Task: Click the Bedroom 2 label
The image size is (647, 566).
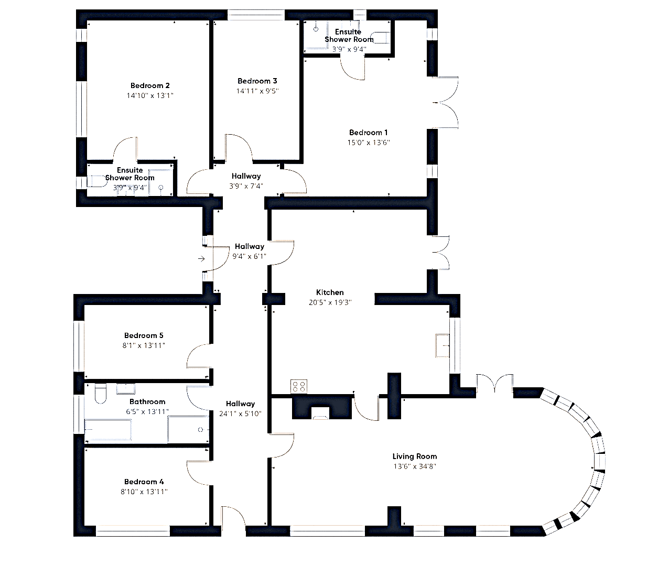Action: tap(150, 85)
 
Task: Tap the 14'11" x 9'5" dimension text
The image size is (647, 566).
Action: tap(257, 91)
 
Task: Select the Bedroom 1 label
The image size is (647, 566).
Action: tap(368, 133)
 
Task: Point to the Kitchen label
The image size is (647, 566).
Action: tap(330, 292)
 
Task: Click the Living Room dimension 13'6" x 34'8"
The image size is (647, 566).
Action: tap(415, 466)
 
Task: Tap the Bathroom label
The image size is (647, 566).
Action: tap(147, 401)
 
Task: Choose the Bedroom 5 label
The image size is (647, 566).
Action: tap(144, 335)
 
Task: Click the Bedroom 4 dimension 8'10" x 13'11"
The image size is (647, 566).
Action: tap(144, 492)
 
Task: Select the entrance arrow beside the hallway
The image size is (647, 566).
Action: tap(201, 259)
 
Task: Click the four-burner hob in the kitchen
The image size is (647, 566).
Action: tap(298, 386)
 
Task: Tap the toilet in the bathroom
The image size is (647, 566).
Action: tap(101, 393)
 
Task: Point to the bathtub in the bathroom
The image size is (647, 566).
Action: tap(108, 429)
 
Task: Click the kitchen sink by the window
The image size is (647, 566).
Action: tap(442, 345)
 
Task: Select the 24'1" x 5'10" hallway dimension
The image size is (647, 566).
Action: tap(240, 413)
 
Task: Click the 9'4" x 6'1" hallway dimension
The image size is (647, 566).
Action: tap(249, 256)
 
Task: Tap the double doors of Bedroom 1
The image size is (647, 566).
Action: tap(445, 102)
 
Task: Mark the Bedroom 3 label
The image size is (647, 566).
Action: tap(257, 81)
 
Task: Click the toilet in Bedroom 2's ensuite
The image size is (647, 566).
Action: tap(97, 181)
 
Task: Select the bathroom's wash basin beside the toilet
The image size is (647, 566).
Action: tap(125, 389)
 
